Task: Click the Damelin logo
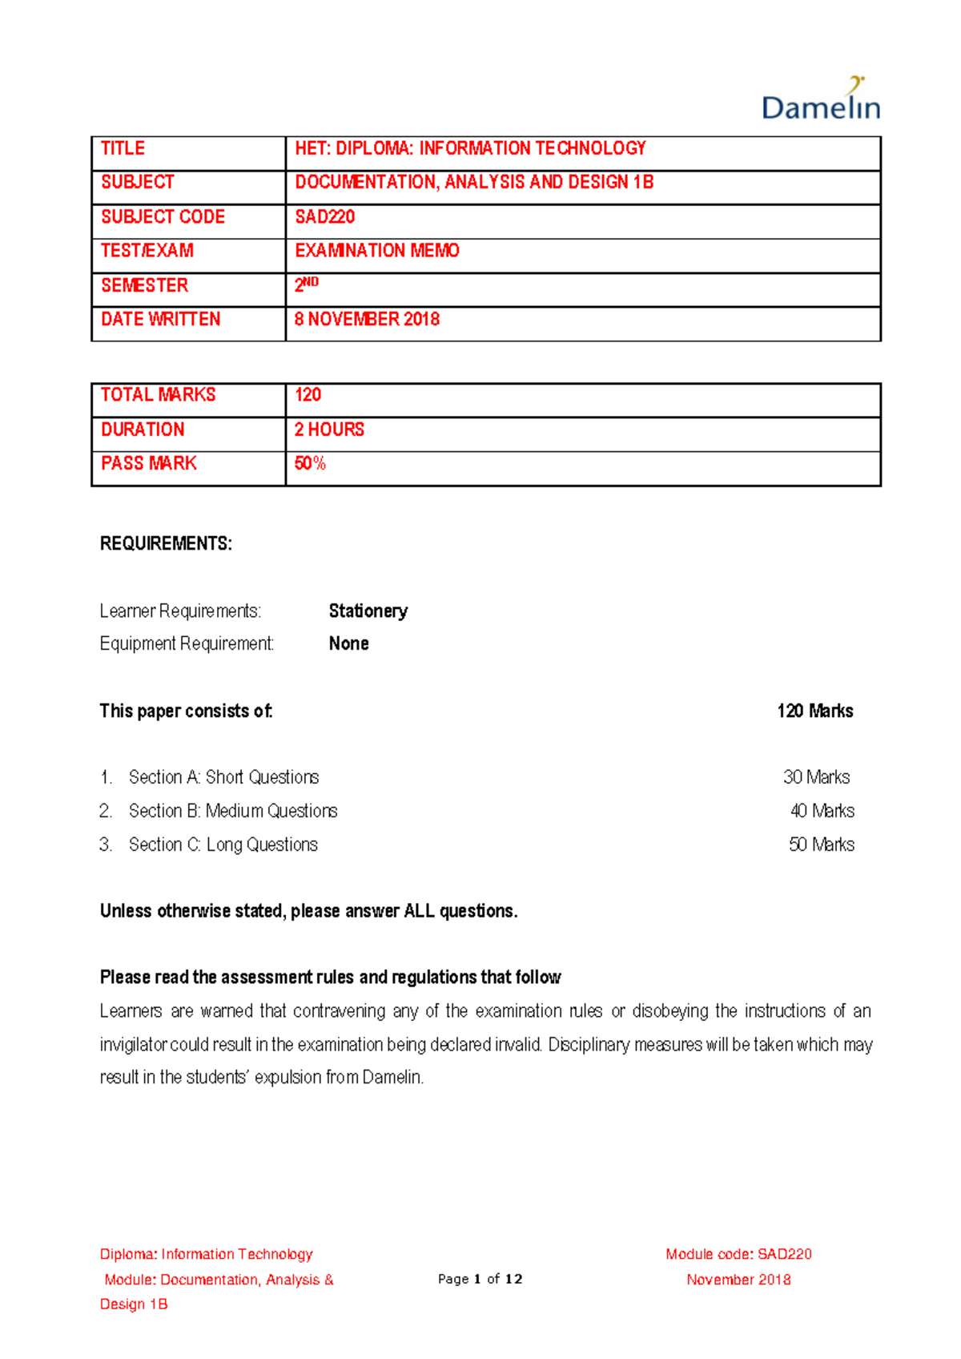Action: (821, 99)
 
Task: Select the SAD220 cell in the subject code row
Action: (324, 217)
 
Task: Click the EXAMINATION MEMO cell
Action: (376, 251)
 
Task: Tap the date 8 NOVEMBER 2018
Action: (367, 320)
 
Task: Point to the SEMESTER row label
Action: (144, 285)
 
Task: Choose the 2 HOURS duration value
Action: (329, 429)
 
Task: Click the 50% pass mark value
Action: (310, 463)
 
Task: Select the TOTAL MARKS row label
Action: (158, 395)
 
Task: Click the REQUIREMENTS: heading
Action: (166, 543)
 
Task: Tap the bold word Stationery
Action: (368, 611)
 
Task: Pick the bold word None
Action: (348, 643)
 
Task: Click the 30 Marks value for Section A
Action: (816, 776)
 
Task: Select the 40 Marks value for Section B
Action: (822, 811)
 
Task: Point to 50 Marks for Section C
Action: (821, 845)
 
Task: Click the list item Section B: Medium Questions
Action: (233, 811)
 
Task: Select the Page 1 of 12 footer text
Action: (480, 1279)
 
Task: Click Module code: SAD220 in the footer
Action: (738, 1254)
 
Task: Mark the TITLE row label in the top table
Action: (123, 148)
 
